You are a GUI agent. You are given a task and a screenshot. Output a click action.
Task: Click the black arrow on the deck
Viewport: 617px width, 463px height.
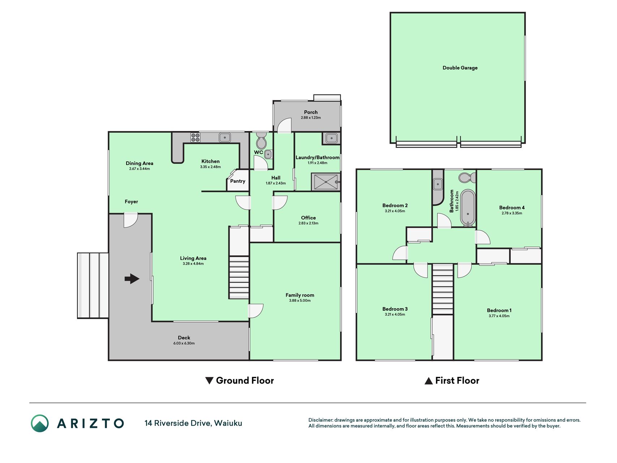(132, 279)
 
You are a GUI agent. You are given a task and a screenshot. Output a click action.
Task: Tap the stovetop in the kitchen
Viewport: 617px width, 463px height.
(195, 137)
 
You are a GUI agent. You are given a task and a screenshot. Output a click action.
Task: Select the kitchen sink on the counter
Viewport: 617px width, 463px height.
(225, 137)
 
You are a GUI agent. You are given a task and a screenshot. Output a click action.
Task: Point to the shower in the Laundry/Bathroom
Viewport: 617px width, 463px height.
(326, 182)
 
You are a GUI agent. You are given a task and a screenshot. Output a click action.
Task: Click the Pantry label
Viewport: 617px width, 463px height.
(238, 181)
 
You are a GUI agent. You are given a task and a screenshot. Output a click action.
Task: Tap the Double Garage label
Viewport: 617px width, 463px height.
(460, 68)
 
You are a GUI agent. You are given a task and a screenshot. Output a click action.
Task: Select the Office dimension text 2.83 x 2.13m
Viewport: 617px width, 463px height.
(308, 223)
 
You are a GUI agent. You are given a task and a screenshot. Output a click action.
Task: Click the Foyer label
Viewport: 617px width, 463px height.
(131, 201)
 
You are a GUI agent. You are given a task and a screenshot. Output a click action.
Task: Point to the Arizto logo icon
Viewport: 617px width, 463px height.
(40, 423)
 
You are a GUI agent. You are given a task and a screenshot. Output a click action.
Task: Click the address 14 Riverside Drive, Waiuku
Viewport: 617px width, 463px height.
(193, 423)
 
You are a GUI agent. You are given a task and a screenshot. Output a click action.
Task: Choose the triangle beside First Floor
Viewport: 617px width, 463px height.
(429, 381)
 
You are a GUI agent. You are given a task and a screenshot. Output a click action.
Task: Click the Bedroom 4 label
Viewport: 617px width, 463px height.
(512, 208)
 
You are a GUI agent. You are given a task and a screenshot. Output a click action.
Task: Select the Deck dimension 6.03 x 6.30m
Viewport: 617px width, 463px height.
(184, 343)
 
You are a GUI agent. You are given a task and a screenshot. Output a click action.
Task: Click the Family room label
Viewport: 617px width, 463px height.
(300, 295)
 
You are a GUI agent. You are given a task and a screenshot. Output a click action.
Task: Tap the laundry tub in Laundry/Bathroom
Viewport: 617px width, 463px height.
(331, 138)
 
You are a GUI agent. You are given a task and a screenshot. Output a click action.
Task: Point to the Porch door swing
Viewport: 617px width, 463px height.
(284, 125)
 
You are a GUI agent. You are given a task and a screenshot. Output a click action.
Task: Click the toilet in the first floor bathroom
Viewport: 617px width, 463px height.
(467, 178)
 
